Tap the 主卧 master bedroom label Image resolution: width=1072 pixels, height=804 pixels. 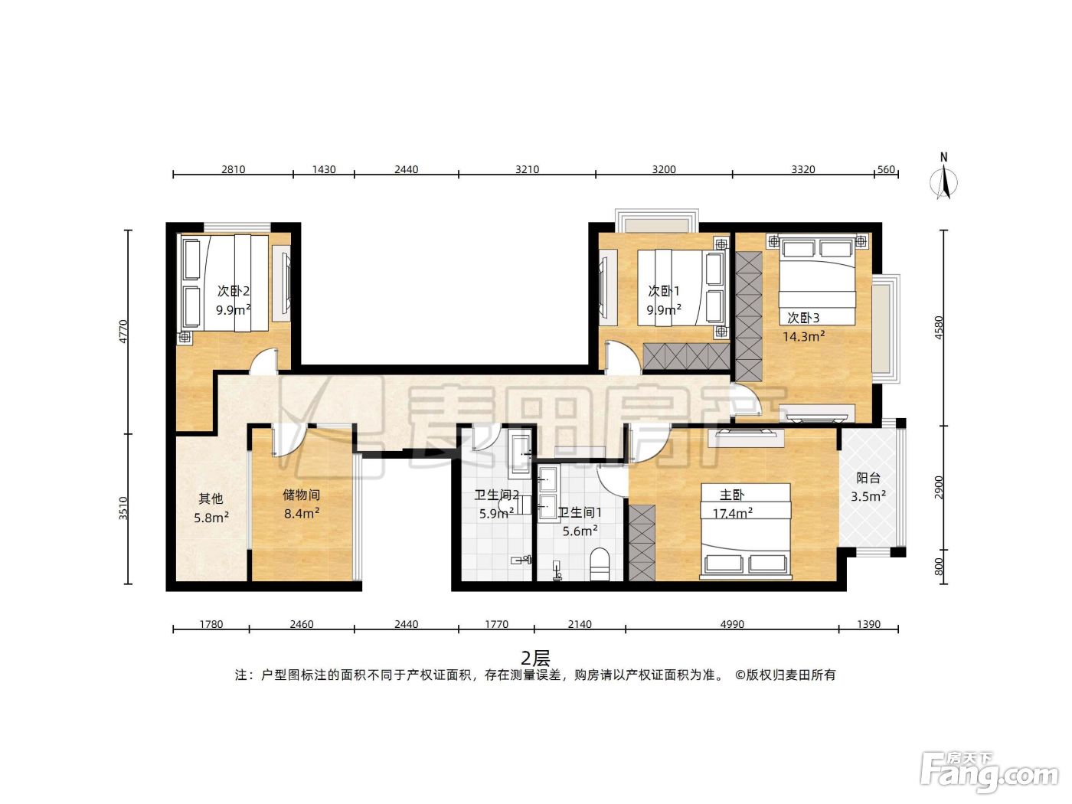[731, 495]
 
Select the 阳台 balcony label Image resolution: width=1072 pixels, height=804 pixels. [868, 479]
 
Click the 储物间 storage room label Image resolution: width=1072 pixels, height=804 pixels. [302, 495]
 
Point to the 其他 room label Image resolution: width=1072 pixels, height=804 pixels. [211, 498]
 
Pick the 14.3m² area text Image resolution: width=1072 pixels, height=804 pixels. [804, 336]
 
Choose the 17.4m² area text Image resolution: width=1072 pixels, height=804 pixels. [732, 513]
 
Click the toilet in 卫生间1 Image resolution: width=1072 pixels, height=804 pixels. [600, 565]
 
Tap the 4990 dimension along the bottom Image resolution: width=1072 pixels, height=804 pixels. [732, 624]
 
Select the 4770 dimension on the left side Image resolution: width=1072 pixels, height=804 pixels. [123, 332]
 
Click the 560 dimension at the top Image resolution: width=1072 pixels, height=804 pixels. [886, 169]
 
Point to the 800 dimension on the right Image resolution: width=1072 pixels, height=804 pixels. [939, 567]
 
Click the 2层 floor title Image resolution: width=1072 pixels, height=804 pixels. [535, 659]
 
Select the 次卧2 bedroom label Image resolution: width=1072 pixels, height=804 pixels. [234, 291]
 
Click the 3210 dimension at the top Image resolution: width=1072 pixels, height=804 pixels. [528, 169]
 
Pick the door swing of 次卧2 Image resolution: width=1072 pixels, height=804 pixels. [263, 361]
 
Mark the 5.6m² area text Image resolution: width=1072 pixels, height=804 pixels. [580, 531]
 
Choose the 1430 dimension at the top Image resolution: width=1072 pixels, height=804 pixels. [324, 169]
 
